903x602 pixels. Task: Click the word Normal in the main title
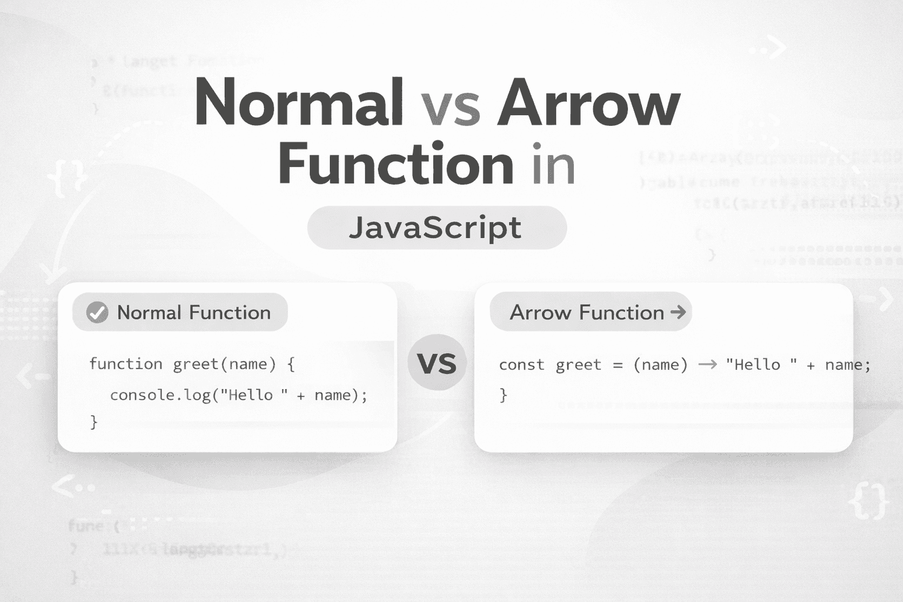click(299, 102)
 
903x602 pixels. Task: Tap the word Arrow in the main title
click(588, 103)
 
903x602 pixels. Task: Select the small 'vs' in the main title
click(450, 108)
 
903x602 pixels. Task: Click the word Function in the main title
click(396, 164)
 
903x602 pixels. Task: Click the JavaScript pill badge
click(436, 228)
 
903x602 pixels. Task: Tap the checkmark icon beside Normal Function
click(97, 312)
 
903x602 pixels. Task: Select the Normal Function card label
click(193, 312)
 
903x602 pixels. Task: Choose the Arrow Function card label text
click(586, 312)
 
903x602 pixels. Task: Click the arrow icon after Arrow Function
click(678, 312)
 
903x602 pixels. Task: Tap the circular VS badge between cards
click(436, 363)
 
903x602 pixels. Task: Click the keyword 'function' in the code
click(126, 364)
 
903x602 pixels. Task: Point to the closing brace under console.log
click(93, 422)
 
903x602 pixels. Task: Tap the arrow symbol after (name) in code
click(707, 365)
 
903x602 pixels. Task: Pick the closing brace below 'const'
click(503, 394)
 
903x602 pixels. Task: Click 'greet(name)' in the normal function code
click(224, 364)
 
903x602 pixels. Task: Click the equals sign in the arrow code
click(617, 365)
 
